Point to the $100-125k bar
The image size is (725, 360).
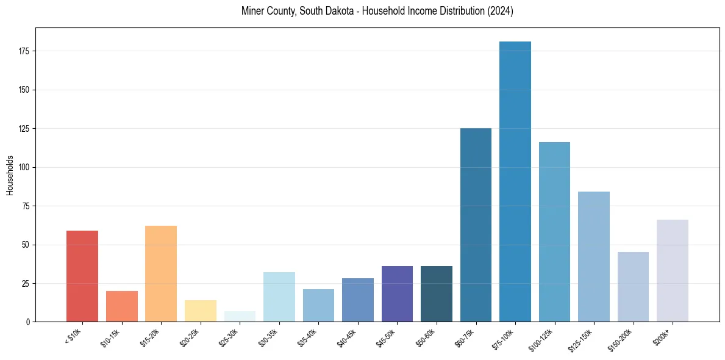point(554,232)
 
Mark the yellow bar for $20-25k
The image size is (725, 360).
point(201,311)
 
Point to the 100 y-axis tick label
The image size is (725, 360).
point(24,167)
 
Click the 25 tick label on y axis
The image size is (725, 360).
point(26,284)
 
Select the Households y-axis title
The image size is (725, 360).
point(10,175)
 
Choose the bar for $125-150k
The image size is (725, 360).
point(593,256)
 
